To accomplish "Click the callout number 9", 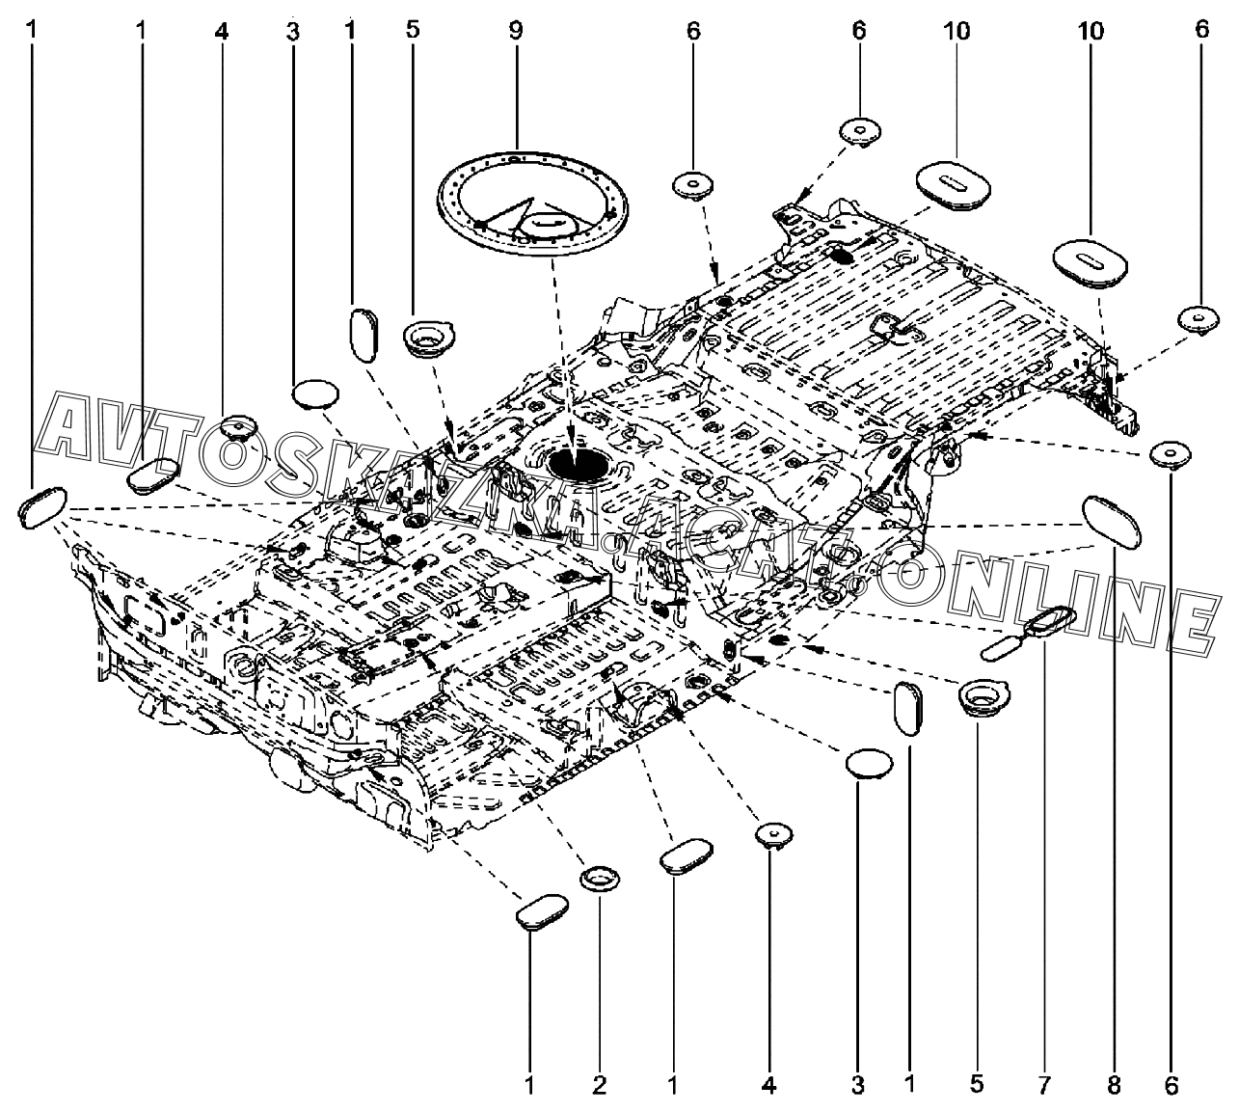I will (516, 30).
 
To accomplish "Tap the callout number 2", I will (599, 1085).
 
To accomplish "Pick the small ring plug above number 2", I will (600, 879).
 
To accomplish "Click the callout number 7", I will (1044, 1085).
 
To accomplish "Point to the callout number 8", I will (1114, 1085).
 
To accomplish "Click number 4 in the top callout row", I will (222, 30).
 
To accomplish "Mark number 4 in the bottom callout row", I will (768, 1085).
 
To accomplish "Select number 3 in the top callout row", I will (293, 30).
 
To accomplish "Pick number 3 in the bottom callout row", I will (858, 1085).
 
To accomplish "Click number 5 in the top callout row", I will (413, 30).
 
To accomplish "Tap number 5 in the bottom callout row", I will (977, 1085).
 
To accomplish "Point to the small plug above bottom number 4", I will (772, 834).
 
